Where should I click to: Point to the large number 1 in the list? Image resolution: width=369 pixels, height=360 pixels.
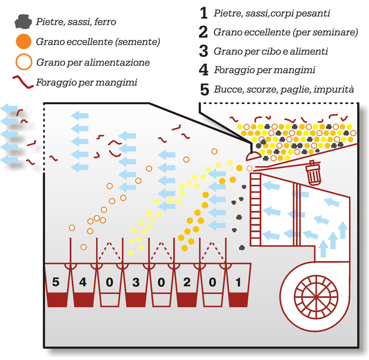click(x=204, y=14)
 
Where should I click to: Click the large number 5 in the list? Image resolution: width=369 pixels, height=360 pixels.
click(x=204, y=90)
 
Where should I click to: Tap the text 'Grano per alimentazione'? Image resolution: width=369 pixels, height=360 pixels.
click(x=93, y=62)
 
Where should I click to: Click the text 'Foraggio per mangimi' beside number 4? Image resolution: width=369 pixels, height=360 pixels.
click(x=264, y=70)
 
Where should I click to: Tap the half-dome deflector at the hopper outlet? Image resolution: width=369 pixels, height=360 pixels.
click(x=253, y=156)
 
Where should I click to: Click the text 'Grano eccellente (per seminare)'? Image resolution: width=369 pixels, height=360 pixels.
click(x=285, y=32)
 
